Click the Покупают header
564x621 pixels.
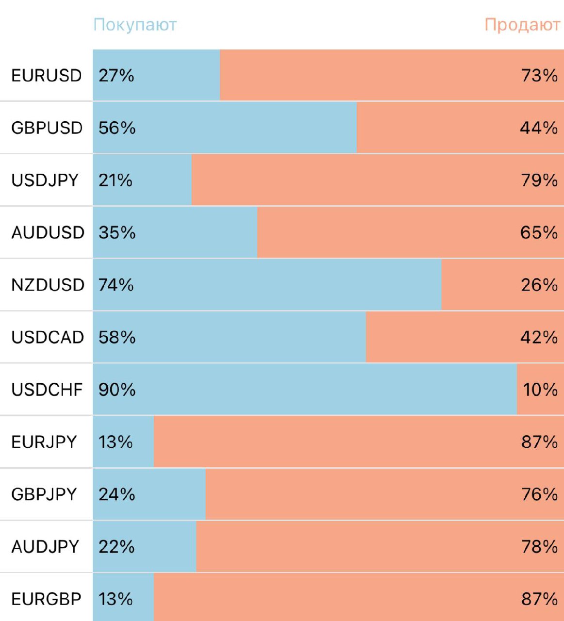click(135, 25)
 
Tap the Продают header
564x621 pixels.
click(522, 25)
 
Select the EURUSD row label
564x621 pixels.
click(47, 76)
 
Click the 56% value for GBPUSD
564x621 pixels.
click(117, 128)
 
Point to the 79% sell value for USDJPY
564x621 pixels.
click(539, 180)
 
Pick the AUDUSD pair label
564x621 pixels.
click(48, 233)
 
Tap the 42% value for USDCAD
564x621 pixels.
click(539, 337)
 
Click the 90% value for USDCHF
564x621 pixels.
click(117, 390)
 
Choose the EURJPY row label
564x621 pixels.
click(44, 442)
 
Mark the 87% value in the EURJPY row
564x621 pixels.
click(539, 442)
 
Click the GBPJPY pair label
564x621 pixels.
click(44, 494)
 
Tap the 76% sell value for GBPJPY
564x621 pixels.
click(539, 494)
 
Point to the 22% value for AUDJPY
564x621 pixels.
click(116, 547)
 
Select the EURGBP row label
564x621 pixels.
click(46, 599)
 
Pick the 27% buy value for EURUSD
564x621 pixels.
click(116, 76)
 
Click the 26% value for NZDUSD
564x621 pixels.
click(539, 285)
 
